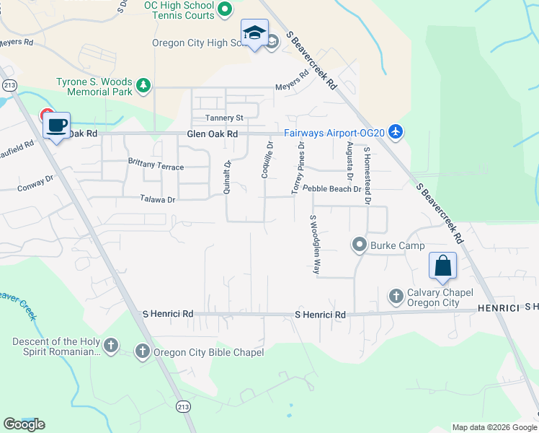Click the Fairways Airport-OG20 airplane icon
pyautogui.click(x=394, y=132)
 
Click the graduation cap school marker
pyautogui.click(x=254, y=33)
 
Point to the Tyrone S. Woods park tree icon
pyautogui.click(x=143, y=86)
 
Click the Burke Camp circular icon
pyautogui.click(x=360, y=245)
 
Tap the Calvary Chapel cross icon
pyautogui.click(x=396, y=296)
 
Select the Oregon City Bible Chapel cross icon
pyautogui.click(x=142, y=351)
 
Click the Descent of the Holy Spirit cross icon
pyautogui.click(x=110, y=346)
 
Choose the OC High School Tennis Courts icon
pyautogui.click(x=224, y=9)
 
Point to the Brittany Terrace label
pyautogui.click(x=156, y=167)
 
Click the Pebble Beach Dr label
pyautogui.click(x=331, y=188)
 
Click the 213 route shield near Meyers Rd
pyautogui.click(x=9, y=85)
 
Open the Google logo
pyautogui.click(x=24, y=424)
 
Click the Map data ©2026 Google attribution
pyautogui.click(x=494, y=427)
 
